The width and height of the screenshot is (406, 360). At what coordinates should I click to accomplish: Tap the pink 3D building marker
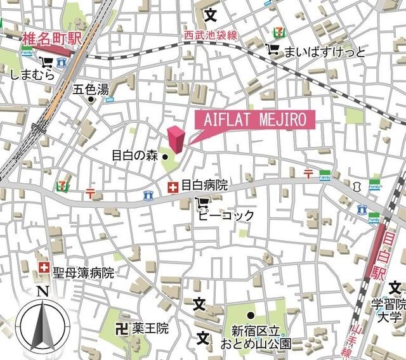tap(176, 139)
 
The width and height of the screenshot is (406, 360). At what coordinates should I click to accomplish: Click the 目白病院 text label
tap(204, 186)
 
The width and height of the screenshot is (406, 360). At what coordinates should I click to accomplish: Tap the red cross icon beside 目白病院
tap(172, 187)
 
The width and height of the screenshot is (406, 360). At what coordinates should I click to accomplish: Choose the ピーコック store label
tap(226, 215)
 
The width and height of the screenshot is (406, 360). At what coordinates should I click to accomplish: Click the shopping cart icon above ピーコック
tap(202, 203)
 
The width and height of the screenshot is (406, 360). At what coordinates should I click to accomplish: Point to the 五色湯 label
tap(91, 89)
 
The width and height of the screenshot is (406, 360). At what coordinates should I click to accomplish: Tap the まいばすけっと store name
tap(325, 51)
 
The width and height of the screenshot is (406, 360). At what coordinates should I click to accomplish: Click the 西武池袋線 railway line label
tap(211, 35)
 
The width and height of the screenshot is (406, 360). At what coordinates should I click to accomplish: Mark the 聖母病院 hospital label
tap(83, 273)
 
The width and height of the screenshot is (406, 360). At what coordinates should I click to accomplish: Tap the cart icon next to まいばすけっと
tap(273, 49)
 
